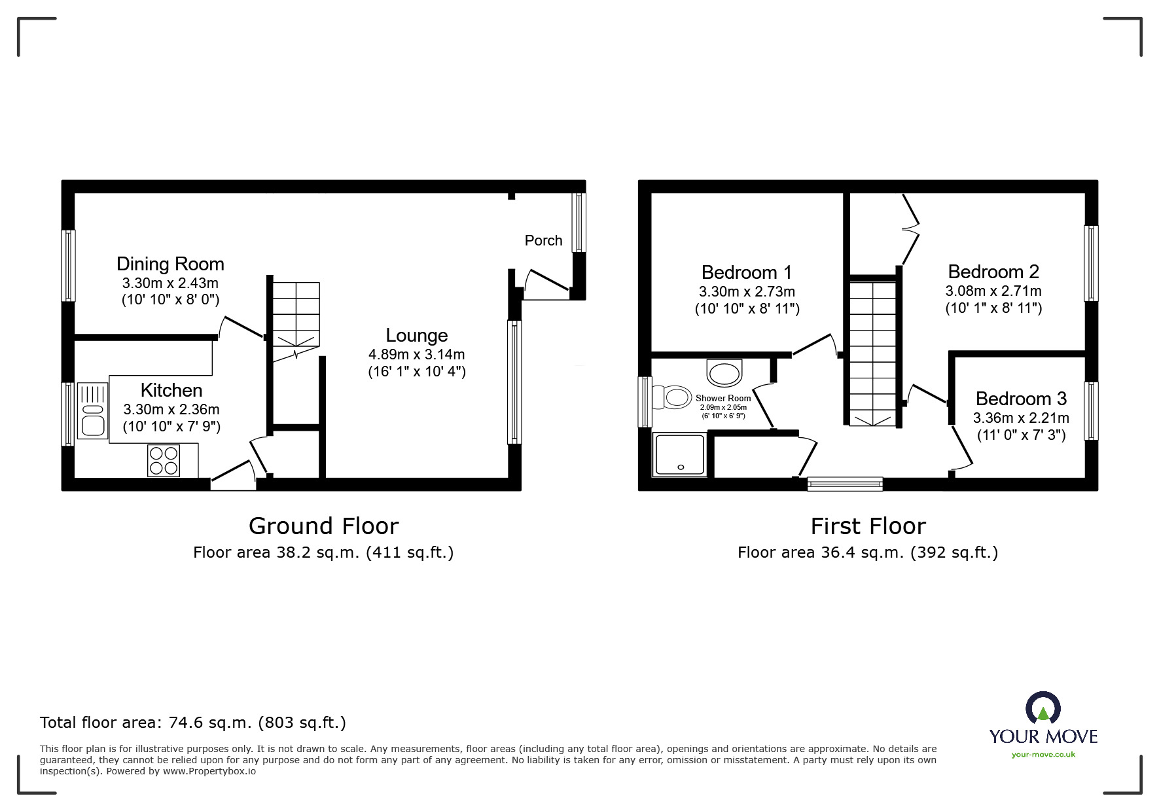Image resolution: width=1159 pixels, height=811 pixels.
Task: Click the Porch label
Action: pos(543,241)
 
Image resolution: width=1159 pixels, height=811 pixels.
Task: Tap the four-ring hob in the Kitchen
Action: pos(164,460)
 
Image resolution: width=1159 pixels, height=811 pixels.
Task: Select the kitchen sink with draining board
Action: pos(92,410)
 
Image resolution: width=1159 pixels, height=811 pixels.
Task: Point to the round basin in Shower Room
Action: pos(724,374)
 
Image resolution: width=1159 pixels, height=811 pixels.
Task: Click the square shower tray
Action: pos(680,454)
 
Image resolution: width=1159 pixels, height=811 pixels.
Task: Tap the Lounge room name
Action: pos(417,336)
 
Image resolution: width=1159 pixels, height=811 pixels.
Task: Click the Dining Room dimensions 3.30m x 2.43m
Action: pos(170,283)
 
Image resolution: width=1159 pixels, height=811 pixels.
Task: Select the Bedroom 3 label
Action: pos(1021,399)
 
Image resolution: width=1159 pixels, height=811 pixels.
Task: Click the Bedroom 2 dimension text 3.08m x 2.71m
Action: pos(993,291)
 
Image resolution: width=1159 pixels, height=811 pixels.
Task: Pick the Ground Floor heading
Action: pos(323,526)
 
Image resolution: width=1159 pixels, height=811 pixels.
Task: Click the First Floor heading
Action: pos(868,526)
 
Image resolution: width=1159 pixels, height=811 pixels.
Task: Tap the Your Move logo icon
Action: pos(1043,710)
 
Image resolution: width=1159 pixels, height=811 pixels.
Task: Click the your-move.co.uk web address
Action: pos(1043,755)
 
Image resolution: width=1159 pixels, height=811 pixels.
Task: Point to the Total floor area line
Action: pos(193,723)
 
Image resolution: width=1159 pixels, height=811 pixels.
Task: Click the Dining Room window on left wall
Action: pos(68,265)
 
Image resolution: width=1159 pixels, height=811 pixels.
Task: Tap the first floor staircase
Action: pos(872,354)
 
